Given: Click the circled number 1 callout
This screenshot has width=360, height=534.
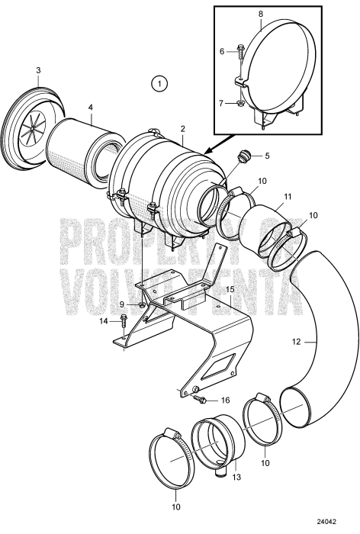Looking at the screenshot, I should (159, 82).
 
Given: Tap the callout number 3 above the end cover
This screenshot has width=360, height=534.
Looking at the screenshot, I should (38, 70).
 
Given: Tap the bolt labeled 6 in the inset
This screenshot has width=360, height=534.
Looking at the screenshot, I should (240, 53).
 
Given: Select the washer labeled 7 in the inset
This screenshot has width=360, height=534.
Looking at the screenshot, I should (240, 102).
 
